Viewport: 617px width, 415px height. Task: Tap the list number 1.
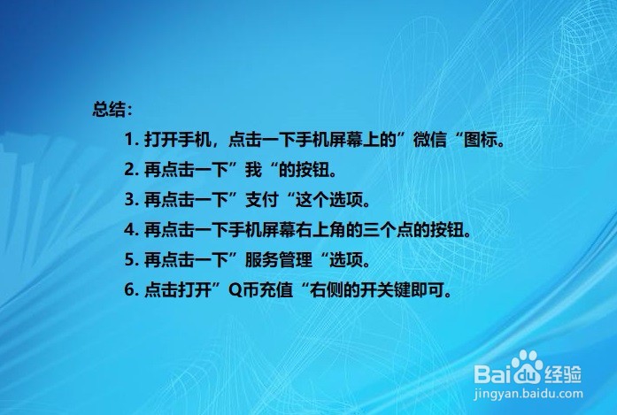point(129,140)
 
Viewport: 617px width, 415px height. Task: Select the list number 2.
point(129,170)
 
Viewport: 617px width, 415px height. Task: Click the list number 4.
point(129,230)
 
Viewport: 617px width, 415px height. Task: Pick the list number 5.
point(129,260)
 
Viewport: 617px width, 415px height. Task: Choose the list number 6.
point(129,290)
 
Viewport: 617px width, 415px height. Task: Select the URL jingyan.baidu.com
point(526,389)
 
